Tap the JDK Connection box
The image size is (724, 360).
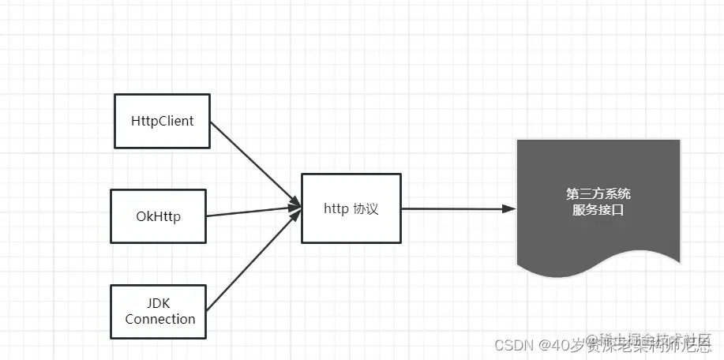point(159,311)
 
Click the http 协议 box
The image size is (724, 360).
point(351,209)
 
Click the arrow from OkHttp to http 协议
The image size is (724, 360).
point(253,212)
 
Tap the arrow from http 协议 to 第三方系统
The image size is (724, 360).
point(454,209)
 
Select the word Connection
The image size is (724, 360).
point(160,319)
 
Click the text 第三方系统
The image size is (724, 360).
point(598,193)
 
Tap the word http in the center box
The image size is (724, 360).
point(336,209)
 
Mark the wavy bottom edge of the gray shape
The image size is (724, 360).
point(598,264)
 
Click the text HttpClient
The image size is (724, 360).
point(163,122)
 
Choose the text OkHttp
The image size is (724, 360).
point(158,216)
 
